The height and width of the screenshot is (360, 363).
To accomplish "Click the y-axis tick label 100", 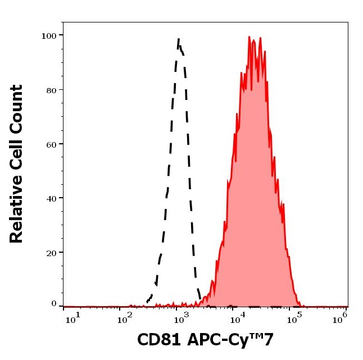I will point(48,35).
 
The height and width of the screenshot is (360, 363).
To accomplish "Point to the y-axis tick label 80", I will point(51,90).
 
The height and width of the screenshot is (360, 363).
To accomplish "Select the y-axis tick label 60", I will point(51,144).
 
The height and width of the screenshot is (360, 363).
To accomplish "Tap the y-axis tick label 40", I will point(51,198).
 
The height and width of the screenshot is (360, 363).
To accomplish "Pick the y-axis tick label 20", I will point(51,253).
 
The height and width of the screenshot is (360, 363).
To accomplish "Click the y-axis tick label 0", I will point(54,304).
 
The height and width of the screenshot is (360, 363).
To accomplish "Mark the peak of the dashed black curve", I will point(179,39).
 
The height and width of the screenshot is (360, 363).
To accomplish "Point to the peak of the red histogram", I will point(249,38).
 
